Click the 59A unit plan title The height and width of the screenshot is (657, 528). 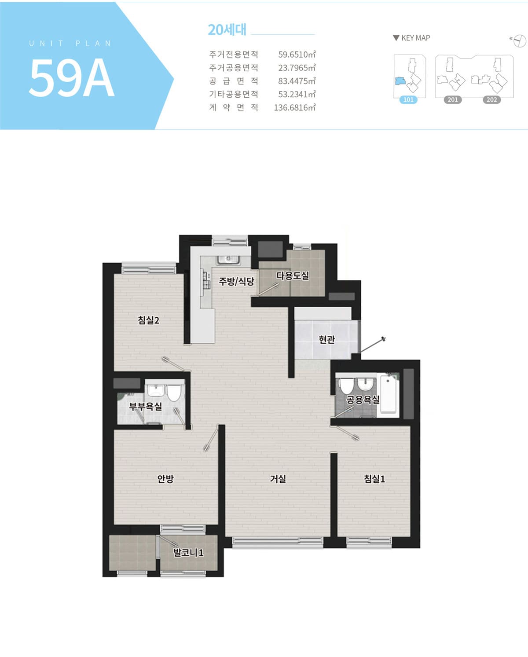(x=71, y=77)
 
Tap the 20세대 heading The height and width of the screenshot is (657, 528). (x=227, y=30)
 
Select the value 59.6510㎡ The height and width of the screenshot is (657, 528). (x=297, y=54)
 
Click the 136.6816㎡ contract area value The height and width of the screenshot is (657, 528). (x=294, y=107)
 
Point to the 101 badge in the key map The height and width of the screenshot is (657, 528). (x=408, y=99)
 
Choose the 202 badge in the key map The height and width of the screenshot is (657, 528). (x=491, y=99)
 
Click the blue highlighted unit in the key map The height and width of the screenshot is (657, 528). (x=400, y=81)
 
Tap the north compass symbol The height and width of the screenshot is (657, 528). (x=519, y=40)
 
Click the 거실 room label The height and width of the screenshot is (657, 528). (x=278, y=479)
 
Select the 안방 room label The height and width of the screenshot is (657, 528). (x=165, y=479)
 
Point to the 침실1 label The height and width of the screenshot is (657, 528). (x=374, y=479)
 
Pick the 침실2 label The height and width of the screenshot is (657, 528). (x=148, y=320)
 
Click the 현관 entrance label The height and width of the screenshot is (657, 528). (x=327, y=339)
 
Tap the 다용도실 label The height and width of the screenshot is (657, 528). (x=293, y=275)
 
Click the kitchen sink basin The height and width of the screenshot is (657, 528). (x=228, y=260)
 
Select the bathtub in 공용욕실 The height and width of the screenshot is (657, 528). (x=388, y=394)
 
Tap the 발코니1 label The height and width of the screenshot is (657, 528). (x=188, y=552)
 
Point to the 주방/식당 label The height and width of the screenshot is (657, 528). (x=236, y=281)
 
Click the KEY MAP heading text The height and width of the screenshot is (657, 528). (x=416, y=38)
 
